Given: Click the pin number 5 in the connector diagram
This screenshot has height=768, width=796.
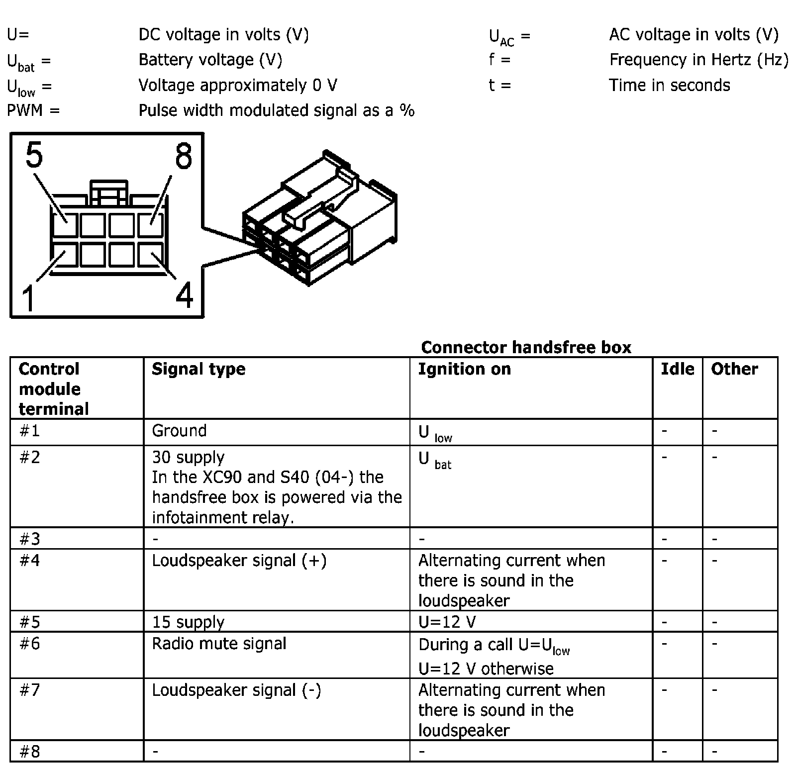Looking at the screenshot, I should (x=34, y=155).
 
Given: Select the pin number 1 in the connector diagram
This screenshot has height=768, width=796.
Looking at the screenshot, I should (x=29, y=297).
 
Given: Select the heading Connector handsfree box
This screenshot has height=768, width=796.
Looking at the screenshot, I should (x=526, y=347).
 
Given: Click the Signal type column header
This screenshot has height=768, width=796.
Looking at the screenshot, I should (x=199, y=369).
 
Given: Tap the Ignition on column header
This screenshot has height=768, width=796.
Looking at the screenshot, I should (x=464, y=369).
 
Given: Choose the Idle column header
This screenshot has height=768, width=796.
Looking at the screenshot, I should (x=677, y=369).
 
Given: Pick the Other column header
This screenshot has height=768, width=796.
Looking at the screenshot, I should (x=734, y=369).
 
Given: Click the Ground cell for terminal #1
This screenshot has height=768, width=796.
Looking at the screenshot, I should (x=179, y=431).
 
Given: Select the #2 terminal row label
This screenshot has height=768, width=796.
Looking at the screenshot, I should (x=29, y=457).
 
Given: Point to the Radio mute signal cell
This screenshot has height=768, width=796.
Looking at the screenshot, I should (x=219, y=644).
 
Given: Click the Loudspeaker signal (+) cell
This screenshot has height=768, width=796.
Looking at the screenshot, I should (x=239, y=561).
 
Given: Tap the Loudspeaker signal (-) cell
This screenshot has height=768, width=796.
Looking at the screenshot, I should (x=236, y=690).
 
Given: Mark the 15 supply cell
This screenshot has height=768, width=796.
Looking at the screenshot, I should (x=188, y=622).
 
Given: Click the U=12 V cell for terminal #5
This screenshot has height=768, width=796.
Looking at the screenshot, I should (x=447, y=622).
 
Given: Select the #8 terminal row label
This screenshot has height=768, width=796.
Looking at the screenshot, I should (x=29, y=752).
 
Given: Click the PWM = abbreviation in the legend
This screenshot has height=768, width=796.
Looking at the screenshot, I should (x=33, y=110).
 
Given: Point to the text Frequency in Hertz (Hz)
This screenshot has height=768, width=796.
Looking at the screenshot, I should (x=698, y=60).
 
